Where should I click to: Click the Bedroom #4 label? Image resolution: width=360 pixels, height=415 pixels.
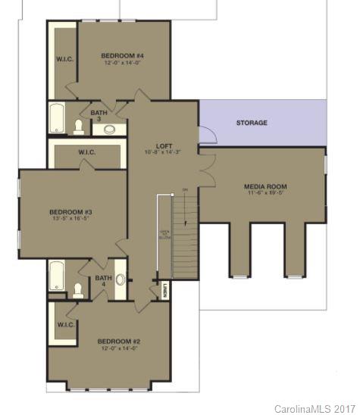(x=122, y=55)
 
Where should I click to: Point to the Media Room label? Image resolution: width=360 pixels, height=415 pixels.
(x=265, y=186)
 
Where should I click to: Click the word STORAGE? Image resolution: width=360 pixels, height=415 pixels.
(x=252, y=123)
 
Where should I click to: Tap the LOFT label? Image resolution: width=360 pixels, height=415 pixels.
(x=164, y=145)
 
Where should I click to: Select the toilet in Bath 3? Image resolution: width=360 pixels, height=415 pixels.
(x=80, y=126)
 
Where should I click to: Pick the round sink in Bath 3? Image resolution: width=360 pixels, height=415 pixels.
(x=111, y=129)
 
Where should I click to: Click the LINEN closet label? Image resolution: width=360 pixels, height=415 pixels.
(x=166, y=289)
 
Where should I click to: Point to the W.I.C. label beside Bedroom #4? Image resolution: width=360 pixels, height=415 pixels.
(x=64, y=59)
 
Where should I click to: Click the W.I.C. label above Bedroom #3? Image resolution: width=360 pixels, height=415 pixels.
(x=86, y=153)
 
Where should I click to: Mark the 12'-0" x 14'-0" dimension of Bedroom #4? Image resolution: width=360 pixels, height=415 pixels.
(x=122, y=64)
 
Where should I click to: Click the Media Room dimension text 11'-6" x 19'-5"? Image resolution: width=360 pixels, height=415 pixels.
(x=265, y=194)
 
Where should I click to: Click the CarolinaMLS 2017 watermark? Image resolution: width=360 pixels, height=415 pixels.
(x=315, y=408)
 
